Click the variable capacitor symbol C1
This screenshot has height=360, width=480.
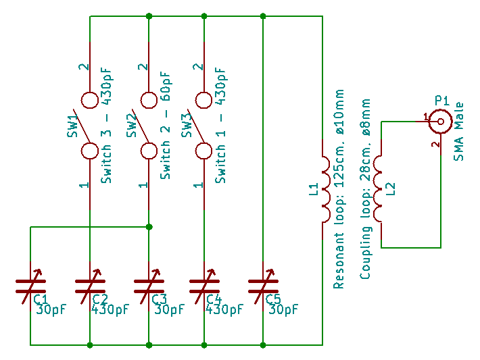[x=30, y=284]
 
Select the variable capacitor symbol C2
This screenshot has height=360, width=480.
[x=90, y=284]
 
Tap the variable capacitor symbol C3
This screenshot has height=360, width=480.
[x=149, y=284]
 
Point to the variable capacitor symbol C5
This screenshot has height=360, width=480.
[x=263, y=284]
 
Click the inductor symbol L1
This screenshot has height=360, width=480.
[x=324, y=190]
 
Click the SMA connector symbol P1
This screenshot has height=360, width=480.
[x=440, y=122]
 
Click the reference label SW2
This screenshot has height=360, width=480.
[x=132, y=126]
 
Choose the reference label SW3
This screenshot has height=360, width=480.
[x=187, y=126]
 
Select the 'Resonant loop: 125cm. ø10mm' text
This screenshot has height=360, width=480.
[x=339, y=188]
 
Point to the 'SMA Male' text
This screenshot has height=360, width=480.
[x=459, y=132]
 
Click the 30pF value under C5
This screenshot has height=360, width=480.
[x=284, y=310]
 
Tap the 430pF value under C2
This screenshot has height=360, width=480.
[x=110, y=310]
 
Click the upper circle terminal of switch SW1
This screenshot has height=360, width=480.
[x=90, y=101]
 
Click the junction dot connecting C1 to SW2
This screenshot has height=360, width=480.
[x=149, y=227]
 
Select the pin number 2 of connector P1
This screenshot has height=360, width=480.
[x=435, y=144]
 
